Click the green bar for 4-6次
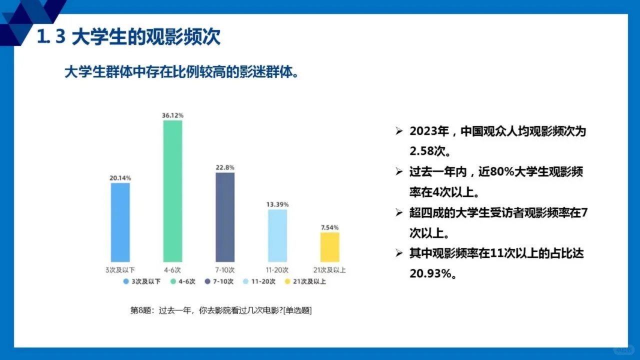(172, 191)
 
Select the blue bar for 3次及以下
(120, 222)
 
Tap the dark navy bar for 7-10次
(225, 217)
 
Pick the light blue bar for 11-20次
(277, 235)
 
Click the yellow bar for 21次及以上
(329, 247)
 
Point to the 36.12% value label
(172, 115)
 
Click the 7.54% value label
(329, 227)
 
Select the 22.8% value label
(225, 167)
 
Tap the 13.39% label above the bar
(277, 204)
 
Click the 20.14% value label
(120, 178)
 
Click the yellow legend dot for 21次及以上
(287, 281)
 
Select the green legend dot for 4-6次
(173, 281)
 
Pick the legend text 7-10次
(223, 281)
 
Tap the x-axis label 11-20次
(277, 270)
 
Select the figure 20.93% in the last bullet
(431, 273)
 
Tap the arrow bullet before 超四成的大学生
(399, 213)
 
